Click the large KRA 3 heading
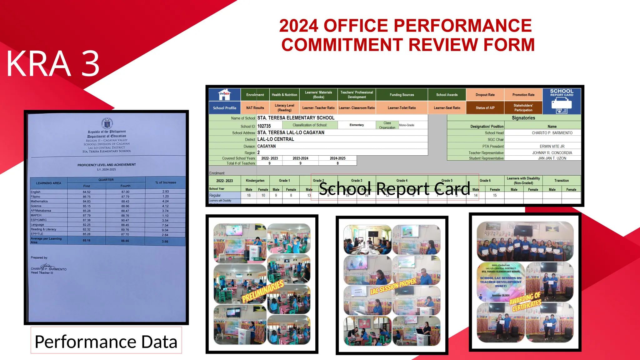pos(53,64)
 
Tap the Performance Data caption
pos(106,341)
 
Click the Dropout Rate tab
pos(485,95)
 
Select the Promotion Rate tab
pos(523,95)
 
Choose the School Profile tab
pos(224,108)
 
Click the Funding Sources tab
pos(402,95)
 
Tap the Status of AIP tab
pos(485,108)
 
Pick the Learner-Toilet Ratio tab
pos(402,108)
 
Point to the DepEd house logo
pos(224,94)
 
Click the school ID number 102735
pos(264,126)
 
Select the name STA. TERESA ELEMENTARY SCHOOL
pos(296,118)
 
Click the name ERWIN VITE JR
pos(552,146)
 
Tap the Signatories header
pos(523,118)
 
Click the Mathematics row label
pos(39,201)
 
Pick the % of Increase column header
pos(166,182)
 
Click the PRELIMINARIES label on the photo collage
pos(263,291)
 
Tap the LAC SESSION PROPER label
pos(393,286)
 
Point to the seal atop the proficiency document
pos(107,123)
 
